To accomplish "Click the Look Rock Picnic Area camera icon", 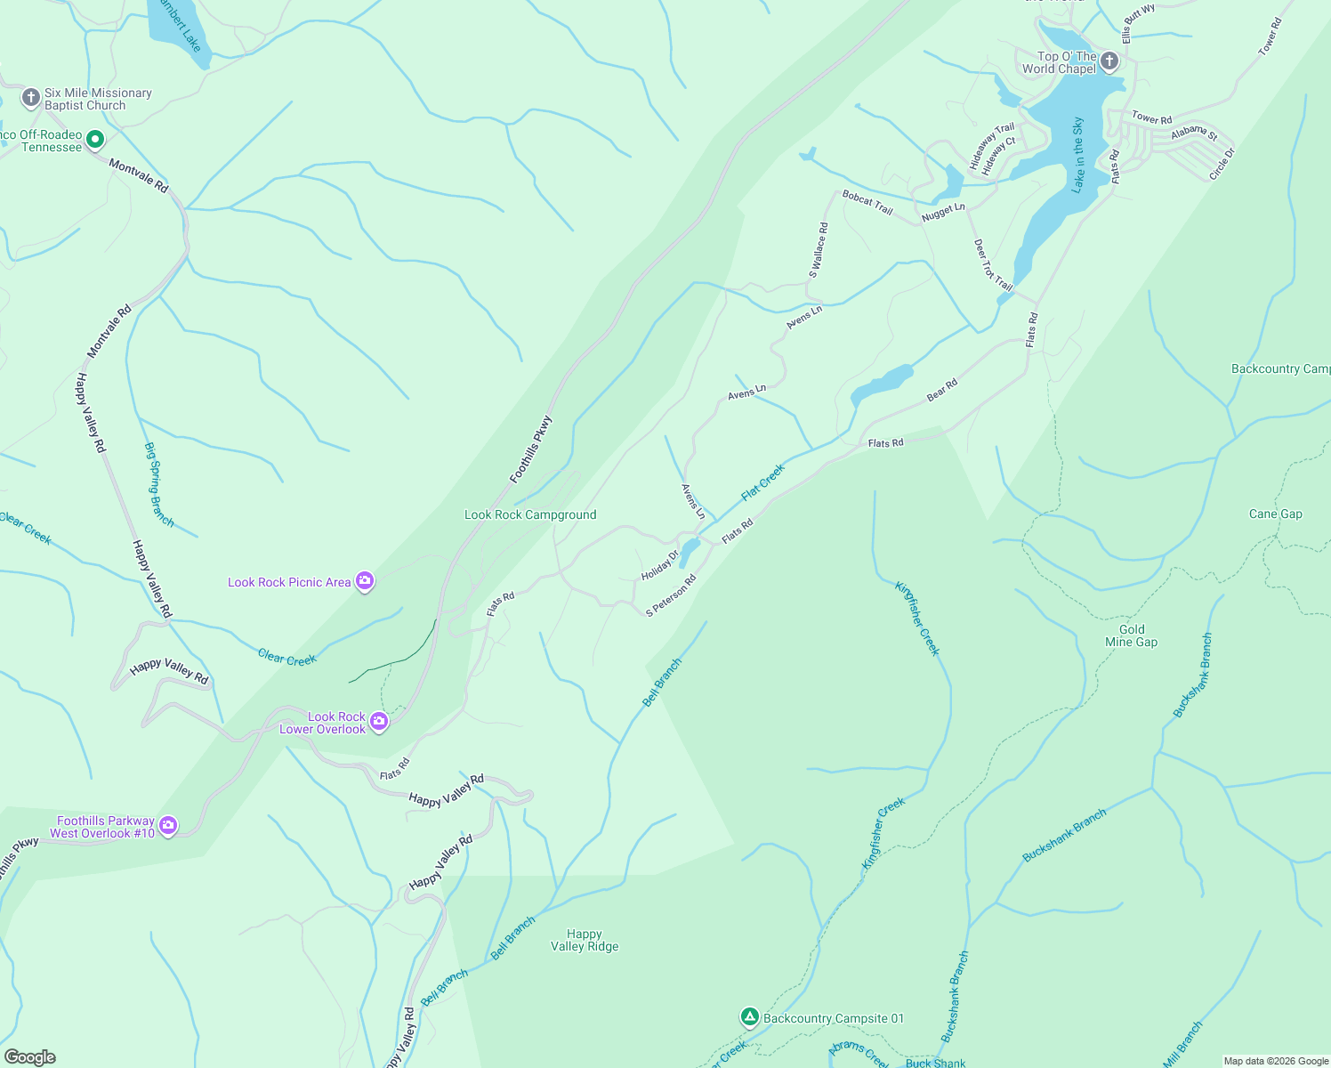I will pyautogui.click(x=364, y=581).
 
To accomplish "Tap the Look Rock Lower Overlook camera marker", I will pyautogui.click(x=379, y=721).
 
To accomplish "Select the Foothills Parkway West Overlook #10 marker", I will pyautogui.click(x=168, y=826).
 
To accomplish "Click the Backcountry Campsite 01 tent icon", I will pyautogui.click(x=750, y=1016).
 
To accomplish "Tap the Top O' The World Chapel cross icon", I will pyautogui.click(x=1109, y=61).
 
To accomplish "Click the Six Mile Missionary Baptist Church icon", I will pyautogui.click(x=31, y=97).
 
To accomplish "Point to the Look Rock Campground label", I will pyautogui.click(x=530, y=514).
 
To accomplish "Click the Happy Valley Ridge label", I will pyautogui.click(x=585, y=940).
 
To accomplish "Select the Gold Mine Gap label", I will pyautogui.click(x=1132, y=635).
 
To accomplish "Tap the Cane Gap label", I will pyautogui.click(x=1275, y=514).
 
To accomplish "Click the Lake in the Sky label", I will pyautogui.click(x=1078, y=155).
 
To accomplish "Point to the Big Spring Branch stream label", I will pyautogui.click(x=159, y=484).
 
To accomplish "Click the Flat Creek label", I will pyautogui.click(x=763, y=481).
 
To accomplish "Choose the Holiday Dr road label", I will pyautogui.click(x=660, y=565).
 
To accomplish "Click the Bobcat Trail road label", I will pyautogui.click(x=867, y=202).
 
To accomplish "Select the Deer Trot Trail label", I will pyautogui.click(x=993, y=264).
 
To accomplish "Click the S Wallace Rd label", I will pyautogui.click(x=819, y=250).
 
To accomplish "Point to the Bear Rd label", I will pyautogui.click(x=942, y=390).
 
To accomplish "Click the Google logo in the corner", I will pyautogui.click(x=29, y=1057).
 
